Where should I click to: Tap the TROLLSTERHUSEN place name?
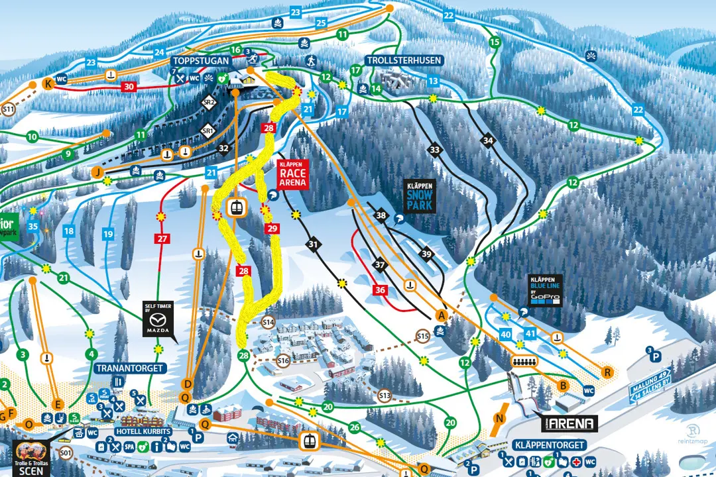[x=403, y=60]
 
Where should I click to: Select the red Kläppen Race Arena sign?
[x=292, y=174]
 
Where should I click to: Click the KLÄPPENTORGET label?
[x=550, y=445]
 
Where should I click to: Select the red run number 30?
[x=128, y=86]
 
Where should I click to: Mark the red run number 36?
[x=380, y=289]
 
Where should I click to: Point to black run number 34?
[x=488, y=140]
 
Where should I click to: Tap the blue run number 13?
[x=433, y=81]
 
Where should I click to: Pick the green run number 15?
[x=494, y=42]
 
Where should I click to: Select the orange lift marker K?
[x=48, y=83]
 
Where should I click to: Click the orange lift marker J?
[x=98, y=173]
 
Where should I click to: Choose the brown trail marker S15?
[x=424, y=337]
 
